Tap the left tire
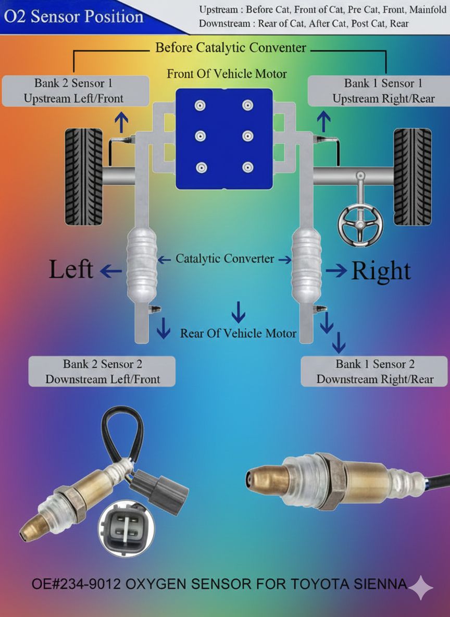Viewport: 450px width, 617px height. pyautogui.click(x=84, y=177)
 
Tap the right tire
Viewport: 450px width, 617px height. pyautogui.click(x=412, y=177)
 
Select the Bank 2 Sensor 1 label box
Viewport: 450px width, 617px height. pyautogui.click(x=76, y=91)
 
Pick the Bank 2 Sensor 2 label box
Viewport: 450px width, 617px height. pyautogui.click(x=102, y=372)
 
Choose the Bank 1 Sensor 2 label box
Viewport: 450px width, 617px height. pyautogui.click(x=374, y=372)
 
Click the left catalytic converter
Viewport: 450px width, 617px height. pyautogui.click(x=142, y=266)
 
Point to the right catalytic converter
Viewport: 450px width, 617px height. pyautogui.click(x=306, y=266)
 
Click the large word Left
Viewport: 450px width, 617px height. pyautogui.click(x=71, y=269)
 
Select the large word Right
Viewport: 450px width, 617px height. pyautogui.click(x=381, y=271)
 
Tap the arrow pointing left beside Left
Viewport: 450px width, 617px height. pyautogui.click(x=111, y=271)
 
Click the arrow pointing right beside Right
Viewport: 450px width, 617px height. pyautogui.click(x=336, y=270)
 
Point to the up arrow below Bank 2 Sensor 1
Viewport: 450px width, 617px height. pyautogui.click(x=121, y=122)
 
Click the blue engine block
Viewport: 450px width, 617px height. pyautogui.click(x=224, y=139)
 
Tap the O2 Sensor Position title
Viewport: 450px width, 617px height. pyautogui.click(x=73, y=17)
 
